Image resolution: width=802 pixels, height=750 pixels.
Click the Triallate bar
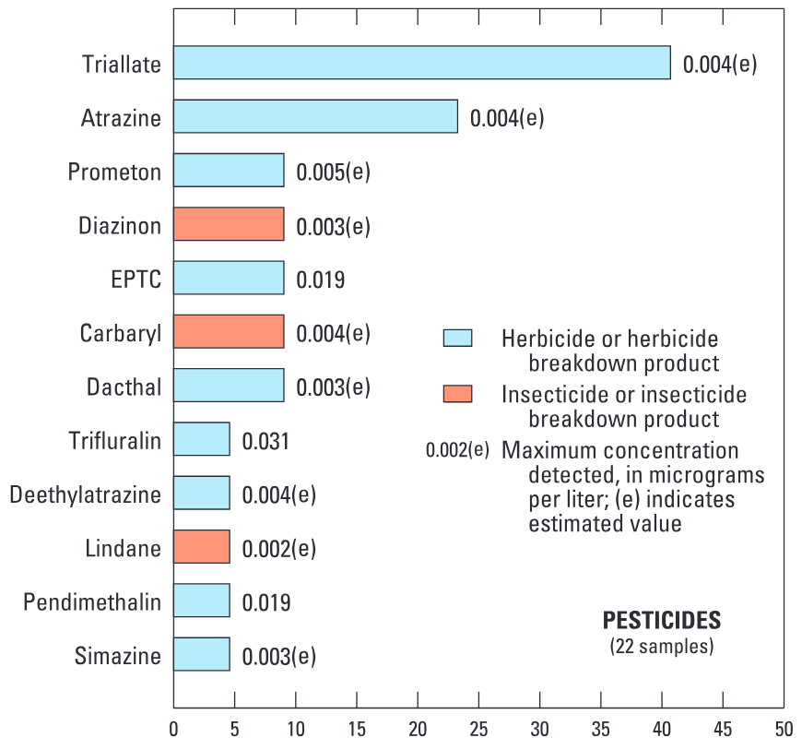(x=422, y=63)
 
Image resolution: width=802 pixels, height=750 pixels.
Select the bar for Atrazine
(x=315, y=116)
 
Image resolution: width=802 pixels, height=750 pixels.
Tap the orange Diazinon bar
(x=229, y=224)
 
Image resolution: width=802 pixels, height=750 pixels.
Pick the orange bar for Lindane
(x=202, y=546)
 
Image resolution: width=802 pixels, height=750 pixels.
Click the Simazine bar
(x=202, y=654)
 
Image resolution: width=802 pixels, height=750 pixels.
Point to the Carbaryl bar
(x=229, y=331)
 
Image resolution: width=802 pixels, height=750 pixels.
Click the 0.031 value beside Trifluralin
(x=265, y=441)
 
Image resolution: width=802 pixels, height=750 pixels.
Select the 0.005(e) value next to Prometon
(x=333, y=172)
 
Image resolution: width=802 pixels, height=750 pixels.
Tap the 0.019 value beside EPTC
(x=321, y=280)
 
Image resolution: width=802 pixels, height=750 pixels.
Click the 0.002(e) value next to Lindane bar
(x=278, y=549)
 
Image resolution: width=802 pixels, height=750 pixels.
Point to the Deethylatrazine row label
(x=86, y=495)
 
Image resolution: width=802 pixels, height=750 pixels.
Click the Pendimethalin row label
(x=92, y=602)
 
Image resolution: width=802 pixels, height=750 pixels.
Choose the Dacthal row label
(x=124, y=387)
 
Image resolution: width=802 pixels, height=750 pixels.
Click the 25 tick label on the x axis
(x=478, y=729)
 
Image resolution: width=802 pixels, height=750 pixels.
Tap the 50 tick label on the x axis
(x=784, y=729)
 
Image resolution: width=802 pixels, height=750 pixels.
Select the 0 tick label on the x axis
(x=174, y=729)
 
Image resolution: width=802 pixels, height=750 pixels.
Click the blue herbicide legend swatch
(x=458, y=338)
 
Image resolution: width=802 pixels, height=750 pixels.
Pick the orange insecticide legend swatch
(x=458, y=394)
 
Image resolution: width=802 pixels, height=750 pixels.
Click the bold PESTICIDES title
(x=662, y=621)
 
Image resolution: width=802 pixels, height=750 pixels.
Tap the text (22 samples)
(x=662, y=646)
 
